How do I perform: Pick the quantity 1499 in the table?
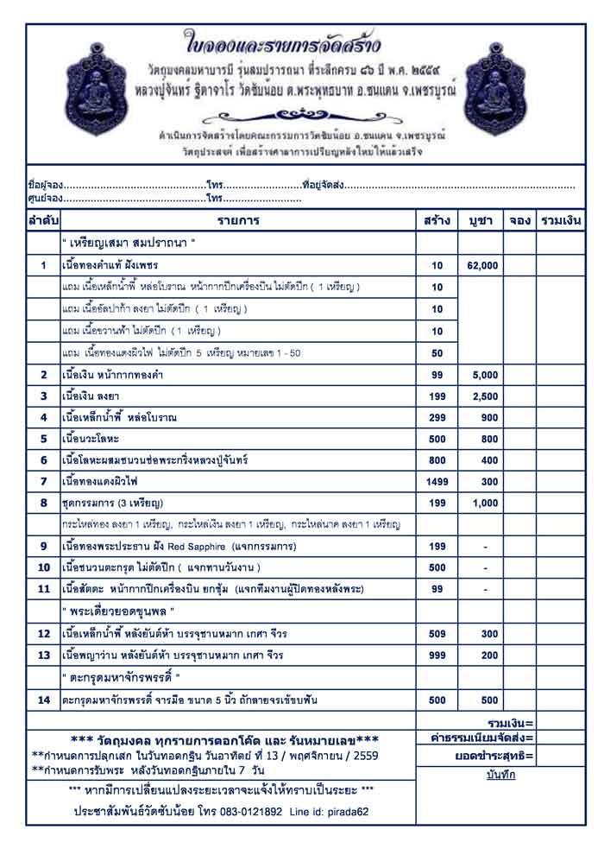437,480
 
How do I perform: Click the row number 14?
43,700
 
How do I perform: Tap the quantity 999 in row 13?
437,655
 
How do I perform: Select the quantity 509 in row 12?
437,634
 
